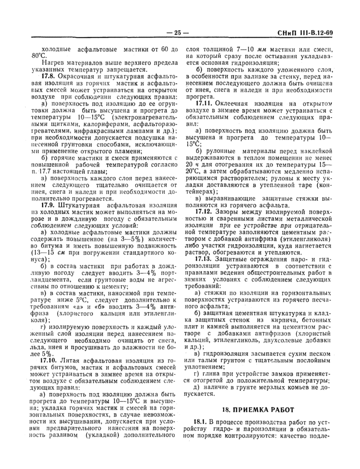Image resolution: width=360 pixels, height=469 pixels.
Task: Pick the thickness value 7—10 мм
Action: (x=234, y=48)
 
